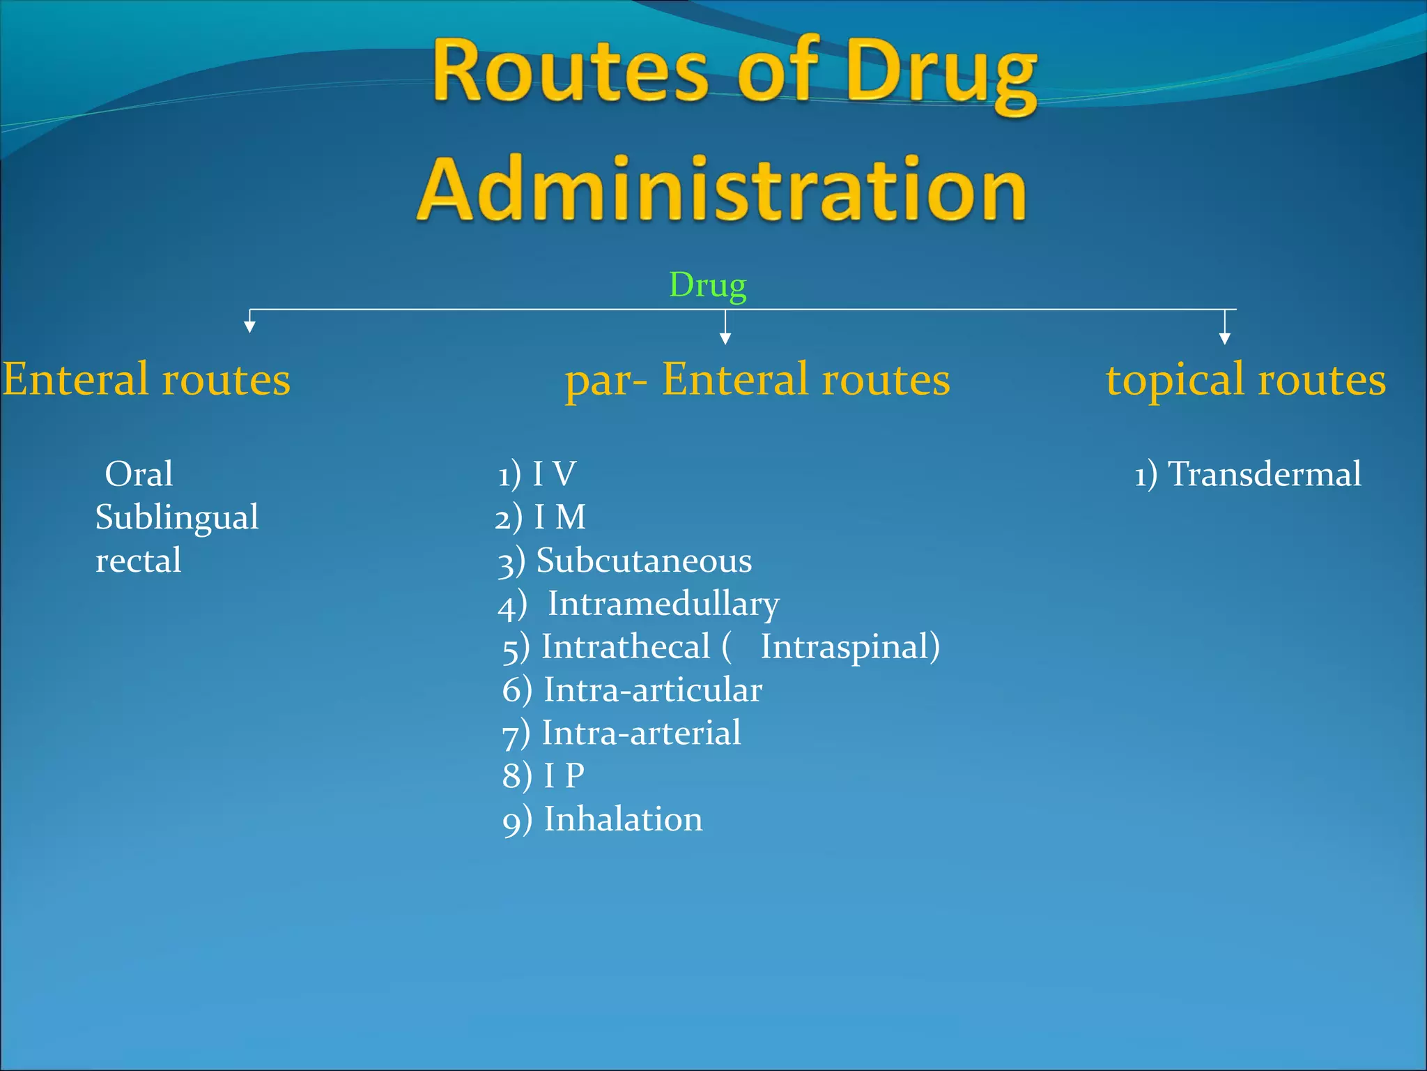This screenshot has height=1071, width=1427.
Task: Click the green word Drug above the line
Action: click(x=707, y=286)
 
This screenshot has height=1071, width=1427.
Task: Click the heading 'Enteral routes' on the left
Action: click(x=146, y=379)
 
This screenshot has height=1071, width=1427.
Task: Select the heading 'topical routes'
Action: click(x=1246, y=381)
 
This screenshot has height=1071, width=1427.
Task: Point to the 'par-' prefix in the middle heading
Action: click(x=605, y=381)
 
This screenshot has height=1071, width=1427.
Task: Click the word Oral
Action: click(x=139, y=474)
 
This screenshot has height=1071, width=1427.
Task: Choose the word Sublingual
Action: click(x=177, y=517)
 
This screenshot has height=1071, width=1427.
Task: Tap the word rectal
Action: click(x=139, y=561)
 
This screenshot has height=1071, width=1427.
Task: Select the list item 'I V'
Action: click(x=554, y=474)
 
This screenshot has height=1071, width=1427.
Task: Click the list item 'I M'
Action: click(x=560, y=517)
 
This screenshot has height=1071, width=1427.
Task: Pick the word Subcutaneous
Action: click(x=644, y=561)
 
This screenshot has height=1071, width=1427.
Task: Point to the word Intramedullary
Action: click(x=663, y=604)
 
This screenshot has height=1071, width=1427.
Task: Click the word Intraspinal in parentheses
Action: click(x=845, y=646)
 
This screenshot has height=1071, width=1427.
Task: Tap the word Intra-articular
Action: click(x=653, y=690)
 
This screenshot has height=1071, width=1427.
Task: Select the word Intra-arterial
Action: click(x=641, y=733)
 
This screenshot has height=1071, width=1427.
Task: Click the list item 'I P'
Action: click(x=564, y=775)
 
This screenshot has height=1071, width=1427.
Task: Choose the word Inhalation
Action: click(x=623, y=819)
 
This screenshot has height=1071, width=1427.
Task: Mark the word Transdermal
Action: click(x=1264, y=474)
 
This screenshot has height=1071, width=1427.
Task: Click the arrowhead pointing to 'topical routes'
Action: click(x=1225, y=339)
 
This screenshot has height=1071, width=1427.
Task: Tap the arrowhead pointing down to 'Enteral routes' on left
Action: click(x=249, y=327)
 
